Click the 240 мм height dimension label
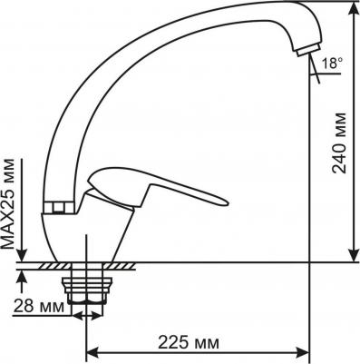click(x=339, y=143)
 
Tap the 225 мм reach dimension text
click(x=189, y=342)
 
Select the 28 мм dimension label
click(x=39, y=307)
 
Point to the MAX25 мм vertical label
click(x=8, y=203)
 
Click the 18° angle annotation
click(x=332, y=64)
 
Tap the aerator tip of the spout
click(x=308, y=50)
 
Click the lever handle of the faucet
click(x=157, y=189)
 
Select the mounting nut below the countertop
click(x=87, y=290)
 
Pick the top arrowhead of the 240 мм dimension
click(x=353, y=10)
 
